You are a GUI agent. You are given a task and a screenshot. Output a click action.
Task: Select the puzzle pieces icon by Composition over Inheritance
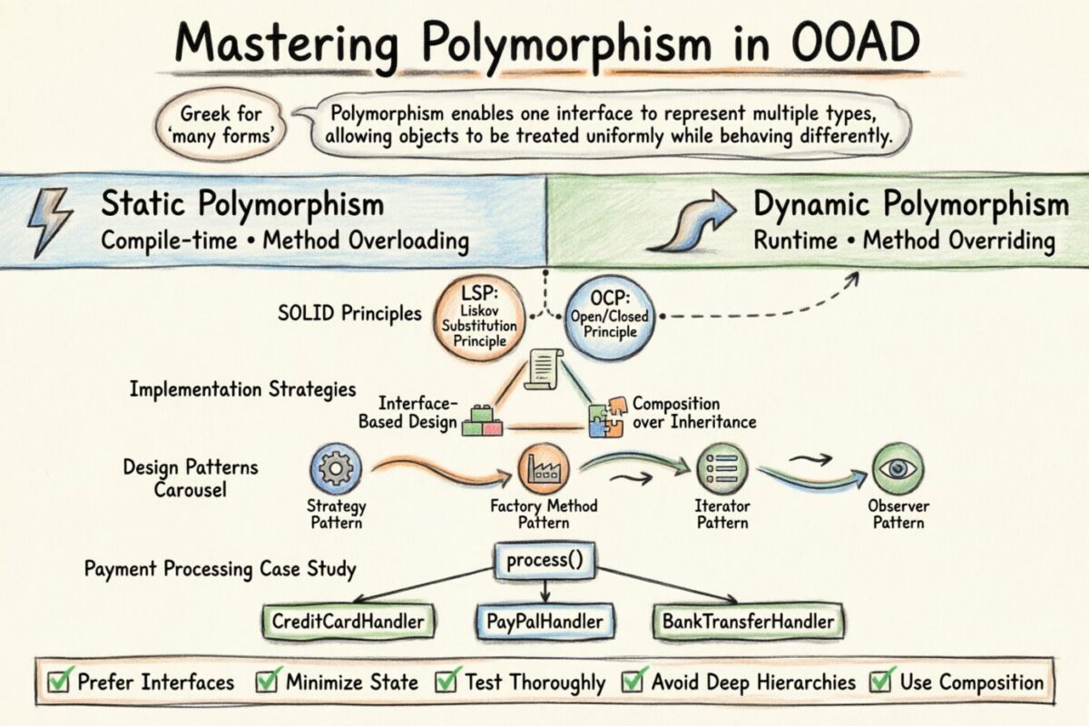tap(607, 415)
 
